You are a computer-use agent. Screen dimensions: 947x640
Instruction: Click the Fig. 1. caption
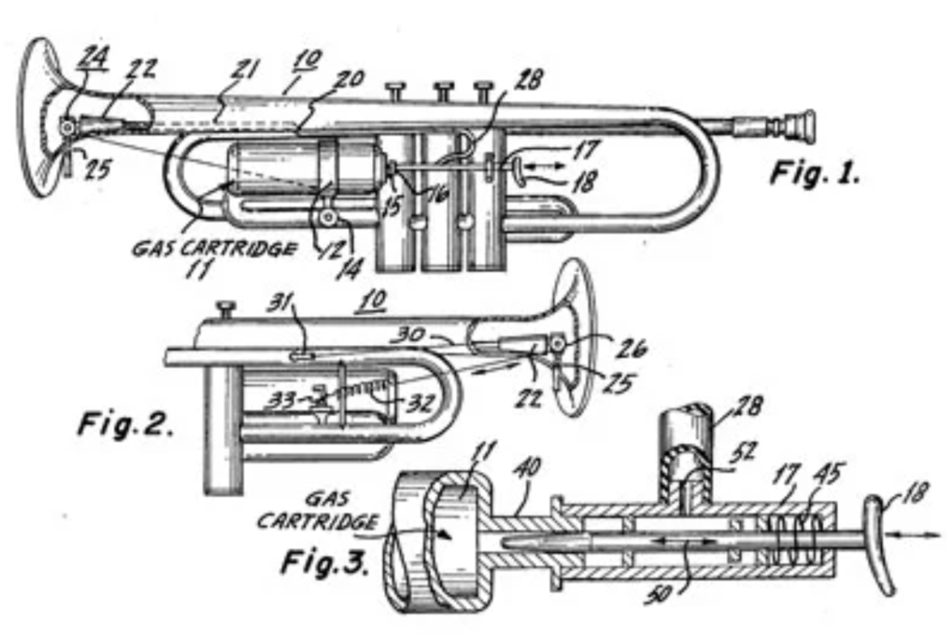[814, 173]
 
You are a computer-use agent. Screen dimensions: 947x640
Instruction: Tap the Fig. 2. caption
[126, 422]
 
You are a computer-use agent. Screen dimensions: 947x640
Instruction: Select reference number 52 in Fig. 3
[733, 453]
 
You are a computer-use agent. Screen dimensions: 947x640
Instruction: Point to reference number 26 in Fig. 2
[631, 347]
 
